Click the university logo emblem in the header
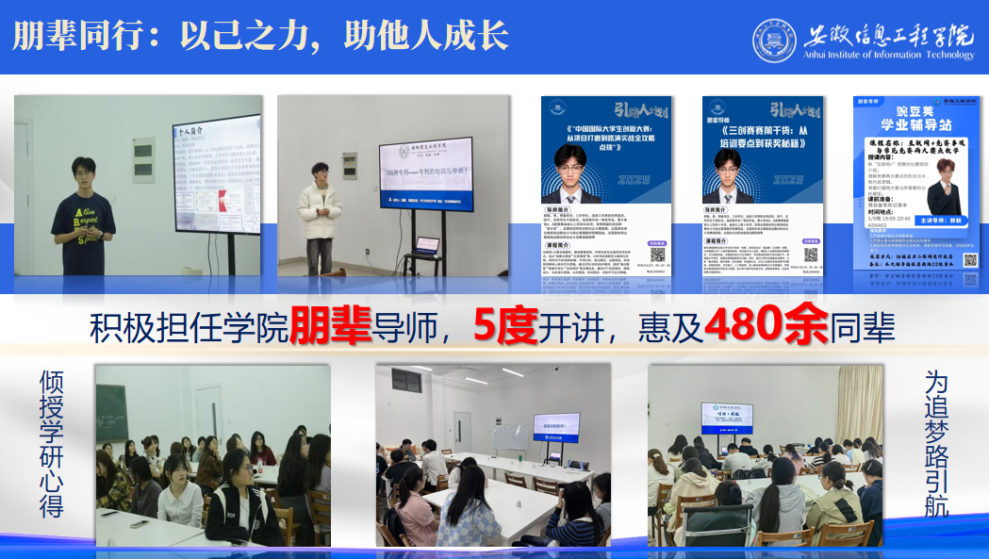point(774,41)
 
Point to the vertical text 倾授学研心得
point(51,442)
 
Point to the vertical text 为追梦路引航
point(936,442)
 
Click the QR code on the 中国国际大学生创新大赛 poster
point(657,254)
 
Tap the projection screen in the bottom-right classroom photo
point(733,419)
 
